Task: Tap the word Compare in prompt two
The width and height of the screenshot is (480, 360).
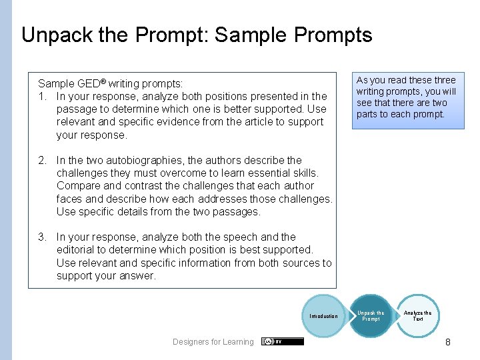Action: click(x=79, y=186)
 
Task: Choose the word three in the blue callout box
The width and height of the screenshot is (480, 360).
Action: click(x=443, y=80)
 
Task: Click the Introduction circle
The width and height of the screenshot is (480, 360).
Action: click(x=324, y=316)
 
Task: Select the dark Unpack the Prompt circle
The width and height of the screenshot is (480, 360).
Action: click(x=371, y=316)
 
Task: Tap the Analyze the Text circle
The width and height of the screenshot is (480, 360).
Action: click(x=418, y=316)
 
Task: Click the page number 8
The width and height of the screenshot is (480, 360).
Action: click(x=448, y=342)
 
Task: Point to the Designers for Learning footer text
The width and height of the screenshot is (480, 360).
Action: click(x=213, y=342)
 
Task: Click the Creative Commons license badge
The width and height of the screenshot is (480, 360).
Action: click(x=283, y=341)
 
